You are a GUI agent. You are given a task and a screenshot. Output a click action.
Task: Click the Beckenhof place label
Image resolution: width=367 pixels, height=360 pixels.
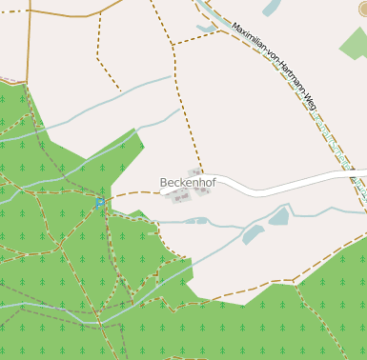click(x=188, y=182)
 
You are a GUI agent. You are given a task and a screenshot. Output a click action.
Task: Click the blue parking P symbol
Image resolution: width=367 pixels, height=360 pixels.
click(x=99, y=203)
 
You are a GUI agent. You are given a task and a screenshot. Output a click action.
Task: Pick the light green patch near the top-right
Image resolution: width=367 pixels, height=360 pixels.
click(x=355, y=44)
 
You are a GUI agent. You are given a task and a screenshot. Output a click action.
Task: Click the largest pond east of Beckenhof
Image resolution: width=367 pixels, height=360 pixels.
click(x=278, y=216)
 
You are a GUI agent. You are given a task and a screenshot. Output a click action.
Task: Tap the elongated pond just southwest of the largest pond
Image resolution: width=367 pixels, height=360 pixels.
click(x=253, y=233)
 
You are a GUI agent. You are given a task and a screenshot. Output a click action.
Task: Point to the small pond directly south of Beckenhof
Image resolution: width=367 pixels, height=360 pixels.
click(x=196, y=221)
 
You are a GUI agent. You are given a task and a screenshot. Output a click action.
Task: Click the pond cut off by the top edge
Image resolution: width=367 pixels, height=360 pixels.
click(x=271, y=8)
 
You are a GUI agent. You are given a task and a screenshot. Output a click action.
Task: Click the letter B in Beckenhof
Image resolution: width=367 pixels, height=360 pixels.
click(x=164, y=182)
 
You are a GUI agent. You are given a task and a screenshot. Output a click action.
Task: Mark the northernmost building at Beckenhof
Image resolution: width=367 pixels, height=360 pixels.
click(x=194, y=172)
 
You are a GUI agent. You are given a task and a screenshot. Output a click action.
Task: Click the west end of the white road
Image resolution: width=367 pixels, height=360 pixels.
click(x=168, y=193)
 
